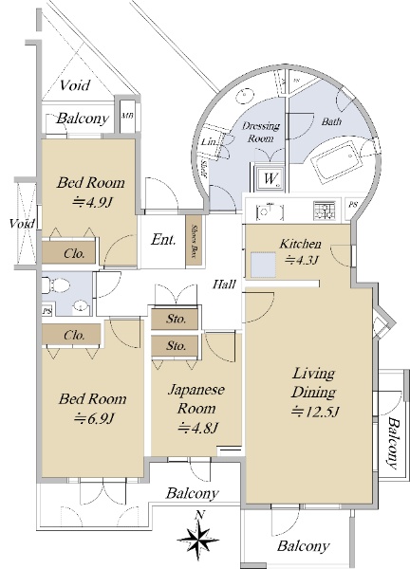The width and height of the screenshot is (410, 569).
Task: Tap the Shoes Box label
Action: (194, 240)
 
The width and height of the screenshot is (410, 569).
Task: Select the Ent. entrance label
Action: (163, 240)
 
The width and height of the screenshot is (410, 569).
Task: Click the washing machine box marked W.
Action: (270, 178)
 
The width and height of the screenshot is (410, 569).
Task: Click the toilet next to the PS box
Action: (56, 285)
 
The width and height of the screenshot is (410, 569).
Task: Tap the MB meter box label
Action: (127, 116)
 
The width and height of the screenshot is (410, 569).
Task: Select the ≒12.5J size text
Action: (315, 412)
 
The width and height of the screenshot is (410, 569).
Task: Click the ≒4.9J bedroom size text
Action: (91, 202)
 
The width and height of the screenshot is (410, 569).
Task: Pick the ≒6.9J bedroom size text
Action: (94, 419)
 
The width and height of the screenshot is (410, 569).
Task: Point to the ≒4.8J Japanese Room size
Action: (197, 429)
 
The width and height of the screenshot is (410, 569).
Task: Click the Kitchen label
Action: (300, 244)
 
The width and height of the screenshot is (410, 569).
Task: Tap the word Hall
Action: (224, 284)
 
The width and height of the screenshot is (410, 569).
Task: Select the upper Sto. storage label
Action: (177, 319)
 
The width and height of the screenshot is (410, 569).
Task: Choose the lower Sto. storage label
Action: (177, 346)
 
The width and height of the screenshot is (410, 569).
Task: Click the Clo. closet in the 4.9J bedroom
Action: (74, 253)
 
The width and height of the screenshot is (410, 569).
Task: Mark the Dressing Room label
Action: (261, 132)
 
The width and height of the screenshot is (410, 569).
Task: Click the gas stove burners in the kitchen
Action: (325, 211)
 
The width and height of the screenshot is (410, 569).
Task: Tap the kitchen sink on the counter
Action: (270, 211)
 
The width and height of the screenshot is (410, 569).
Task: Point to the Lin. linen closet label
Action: (210, 141)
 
